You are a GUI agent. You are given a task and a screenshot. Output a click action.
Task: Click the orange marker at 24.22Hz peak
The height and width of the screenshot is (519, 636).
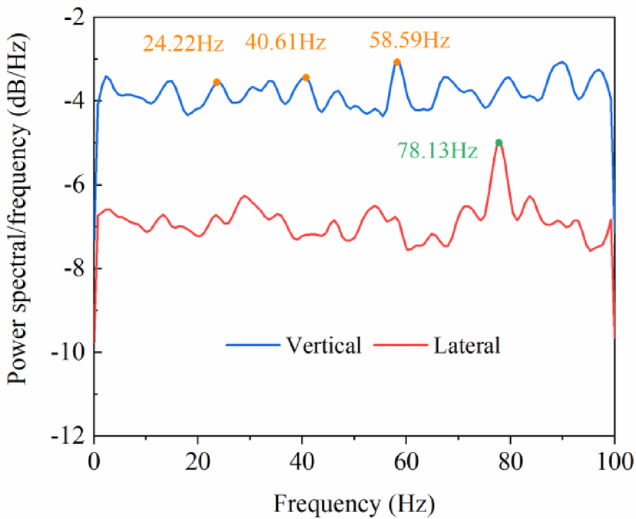[217, 81]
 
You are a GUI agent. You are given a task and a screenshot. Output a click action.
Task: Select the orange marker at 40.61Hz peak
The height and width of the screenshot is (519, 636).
[306, 77]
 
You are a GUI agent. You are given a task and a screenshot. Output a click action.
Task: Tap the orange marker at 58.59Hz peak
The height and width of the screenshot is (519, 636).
[397, 62]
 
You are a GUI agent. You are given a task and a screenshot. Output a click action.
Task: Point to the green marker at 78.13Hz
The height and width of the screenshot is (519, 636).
[499, 142]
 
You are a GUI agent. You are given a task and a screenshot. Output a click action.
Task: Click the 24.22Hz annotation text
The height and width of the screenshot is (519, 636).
[183, 43]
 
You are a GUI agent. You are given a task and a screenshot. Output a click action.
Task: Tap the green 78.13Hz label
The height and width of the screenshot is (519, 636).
[437, 150]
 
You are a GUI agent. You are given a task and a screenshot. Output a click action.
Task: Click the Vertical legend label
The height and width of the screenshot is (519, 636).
[323, 345]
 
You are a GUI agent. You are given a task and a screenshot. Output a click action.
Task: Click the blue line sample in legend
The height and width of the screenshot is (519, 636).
[253, 346]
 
